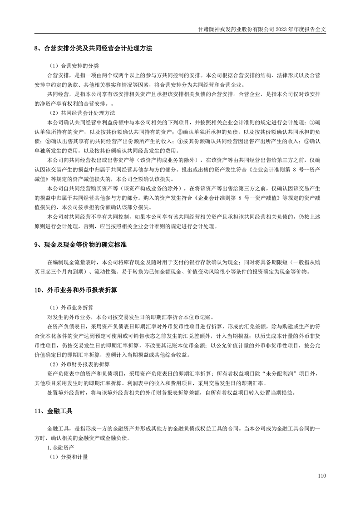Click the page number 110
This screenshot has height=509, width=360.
coord(322,476)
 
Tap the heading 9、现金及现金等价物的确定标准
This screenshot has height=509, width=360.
coord(80,245)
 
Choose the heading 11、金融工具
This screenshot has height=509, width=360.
coord(53,411)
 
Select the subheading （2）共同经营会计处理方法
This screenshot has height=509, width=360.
coord(81,113)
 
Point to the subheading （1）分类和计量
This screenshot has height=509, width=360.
coord(67,458)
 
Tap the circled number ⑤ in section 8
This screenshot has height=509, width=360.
coord(306,142)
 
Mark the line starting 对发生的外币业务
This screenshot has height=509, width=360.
coord(130,316)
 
